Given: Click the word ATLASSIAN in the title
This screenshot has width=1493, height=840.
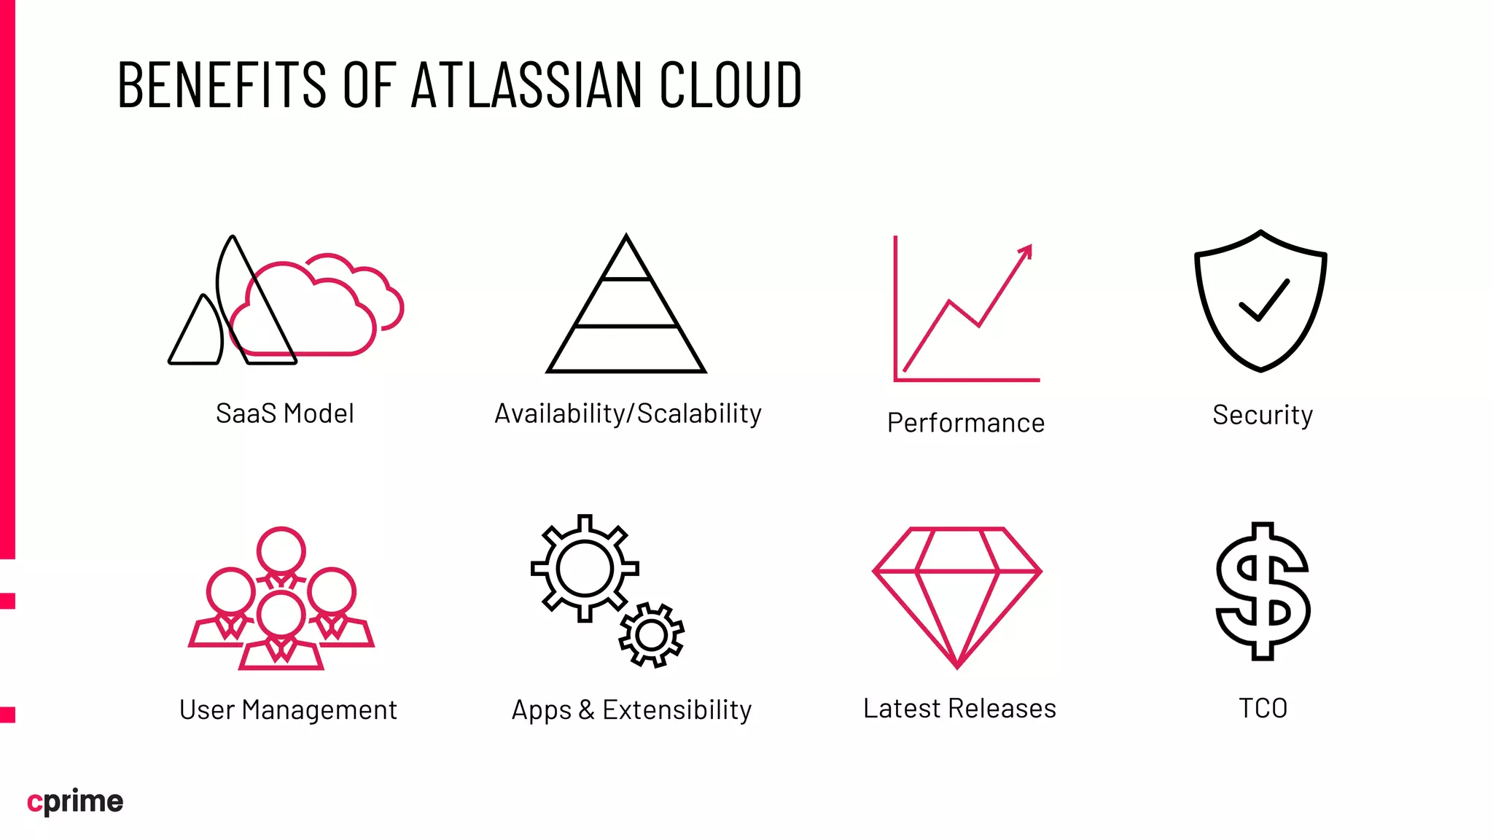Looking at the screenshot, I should [x=526, y=85].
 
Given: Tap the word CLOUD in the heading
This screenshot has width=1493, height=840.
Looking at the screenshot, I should [x=730, y=85].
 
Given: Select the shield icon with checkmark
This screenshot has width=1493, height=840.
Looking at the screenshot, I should [x=1260, y=300].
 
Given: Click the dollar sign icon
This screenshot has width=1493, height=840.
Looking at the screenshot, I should [x=1263, y=591].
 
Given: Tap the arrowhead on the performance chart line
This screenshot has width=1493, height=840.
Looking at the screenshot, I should [x=1026, y=251].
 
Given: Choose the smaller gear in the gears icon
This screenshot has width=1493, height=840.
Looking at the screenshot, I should [x=651, y=635].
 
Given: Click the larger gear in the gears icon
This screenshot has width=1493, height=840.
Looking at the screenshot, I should [x=585, y=568].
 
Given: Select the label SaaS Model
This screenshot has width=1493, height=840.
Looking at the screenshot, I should [x=285, y=413].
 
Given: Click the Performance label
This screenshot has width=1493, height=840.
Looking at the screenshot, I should [x=966, y=423].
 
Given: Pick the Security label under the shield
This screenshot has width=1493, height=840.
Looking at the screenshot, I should [x=1263, y=415].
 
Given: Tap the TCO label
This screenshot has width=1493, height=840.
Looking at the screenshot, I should [x=1263, y=708].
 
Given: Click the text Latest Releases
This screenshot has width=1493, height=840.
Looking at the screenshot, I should [x=959, y=708].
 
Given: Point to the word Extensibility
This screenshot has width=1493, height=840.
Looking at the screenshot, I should [x=677, y=709].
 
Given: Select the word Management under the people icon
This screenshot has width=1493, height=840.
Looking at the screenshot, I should [x=319, y=709].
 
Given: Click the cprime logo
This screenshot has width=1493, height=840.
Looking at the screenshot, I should [x=75, y=801].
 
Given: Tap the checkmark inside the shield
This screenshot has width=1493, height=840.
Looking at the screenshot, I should [x=1264, y=300].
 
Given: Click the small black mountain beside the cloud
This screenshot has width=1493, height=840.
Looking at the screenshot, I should [x=197, y=332].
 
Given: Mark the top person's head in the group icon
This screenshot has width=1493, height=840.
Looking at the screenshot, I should [x=281, y=551].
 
